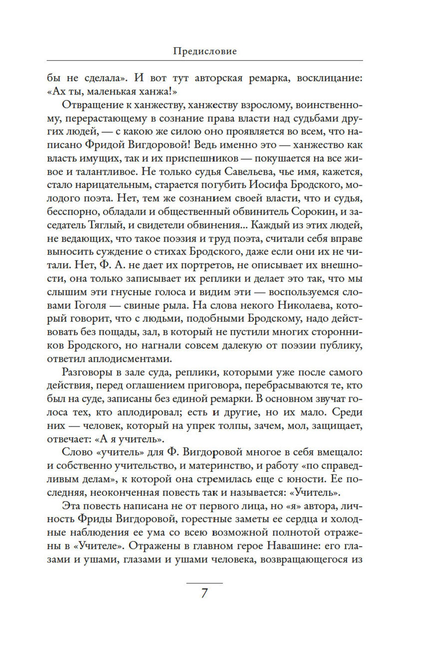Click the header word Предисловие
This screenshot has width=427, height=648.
205,52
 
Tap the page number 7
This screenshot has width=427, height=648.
205,594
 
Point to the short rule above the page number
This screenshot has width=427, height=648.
205,583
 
